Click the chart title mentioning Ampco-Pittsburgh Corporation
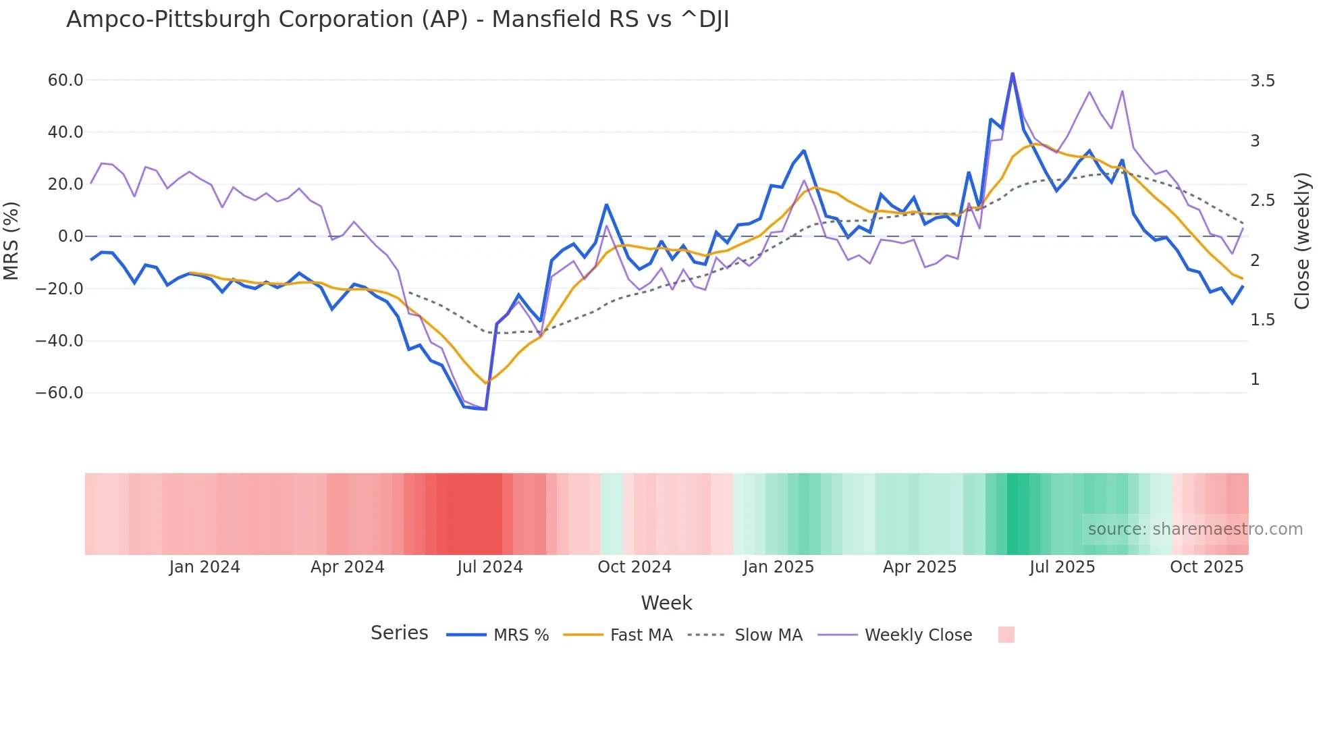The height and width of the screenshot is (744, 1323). (398, 20)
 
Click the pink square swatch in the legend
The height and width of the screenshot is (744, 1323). (1006, 635)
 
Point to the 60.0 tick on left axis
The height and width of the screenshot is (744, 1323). (65, 80)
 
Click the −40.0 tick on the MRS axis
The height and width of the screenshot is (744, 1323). (60, 341)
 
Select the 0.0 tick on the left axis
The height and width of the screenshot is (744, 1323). (70, 236)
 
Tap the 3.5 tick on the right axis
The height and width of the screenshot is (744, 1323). (1262, 81)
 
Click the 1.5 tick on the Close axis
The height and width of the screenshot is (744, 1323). (1262, 320)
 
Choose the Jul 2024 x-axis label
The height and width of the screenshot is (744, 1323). (490, 567)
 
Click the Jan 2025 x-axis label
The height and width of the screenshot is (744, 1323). (778, 567)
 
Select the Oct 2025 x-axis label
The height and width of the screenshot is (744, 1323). (1206, 567)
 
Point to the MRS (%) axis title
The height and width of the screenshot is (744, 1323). (11, 240)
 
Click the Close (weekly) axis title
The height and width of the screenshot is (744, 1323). (1302, 240)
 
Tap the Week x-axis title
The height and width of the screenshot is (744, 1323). (666, 603)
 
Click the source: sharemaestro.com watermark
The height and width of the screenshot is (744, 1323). (1195, 529)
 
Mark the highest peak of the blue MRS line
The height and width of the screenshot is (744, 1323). (1013, 74)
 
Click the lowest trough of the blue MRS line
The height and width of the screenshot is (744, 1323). (485, 409)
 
